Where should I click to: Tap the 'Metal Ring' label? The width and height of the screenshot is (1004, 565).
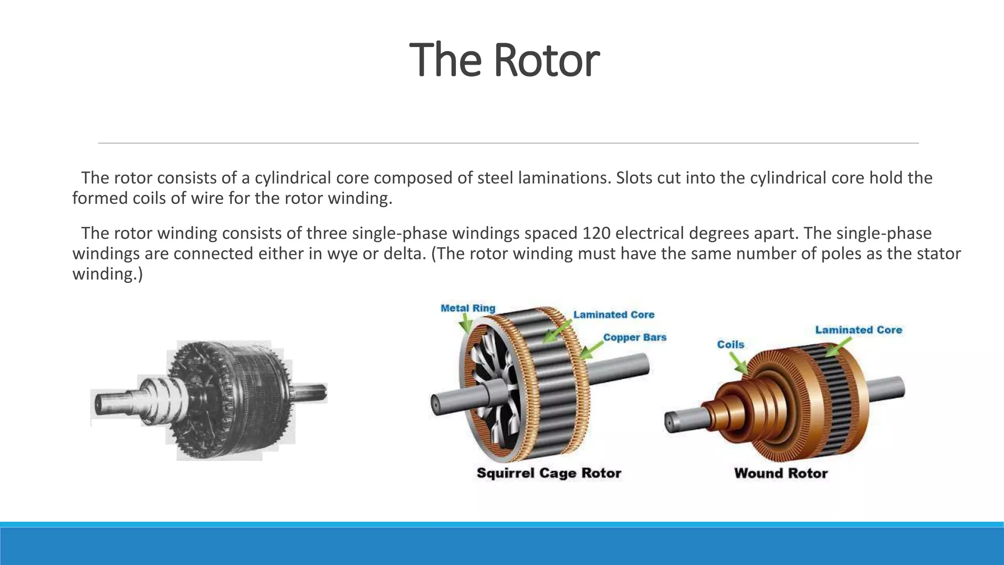click(x=468, y=308)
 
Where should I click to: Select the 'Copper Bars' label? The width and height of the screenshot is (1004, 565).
click(x=634, y=337)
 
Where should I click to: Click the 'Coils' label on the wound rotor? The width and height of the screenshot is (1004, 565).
click(x=730, y=344)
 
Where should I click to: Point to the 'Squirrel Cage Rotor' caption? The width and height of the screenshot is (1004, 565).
click(x=549, y=473)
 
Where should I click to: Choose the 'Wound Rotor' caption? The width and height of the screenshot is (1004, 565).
click(x=780, y=473)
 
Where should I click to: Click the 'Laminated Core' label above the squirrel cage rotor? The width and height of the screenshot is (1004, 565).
click(x=614, y=314)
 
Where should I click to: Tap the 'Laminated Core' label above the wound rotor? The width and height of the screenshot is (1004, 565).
click(x=858, y=330)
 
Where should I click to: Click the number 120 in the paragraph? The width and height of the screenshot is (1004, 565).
click(x=596, y=233)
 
